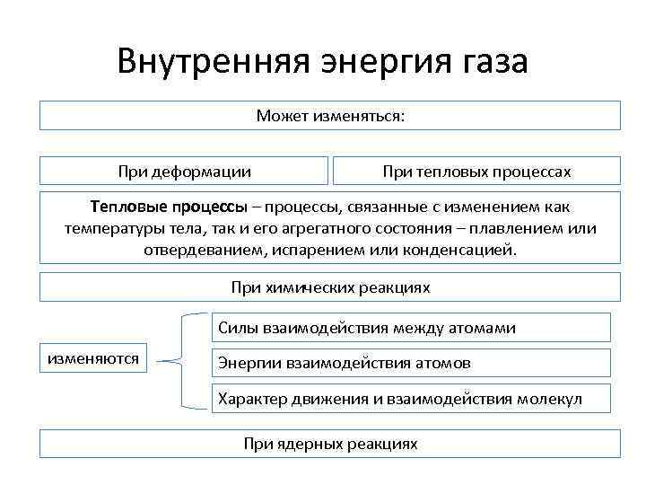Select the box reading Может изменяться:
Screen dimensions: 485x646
point(330,116)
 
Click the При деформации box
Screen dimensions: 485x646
point(184,171)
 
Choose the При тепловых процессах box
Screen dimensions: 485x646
point(476,171)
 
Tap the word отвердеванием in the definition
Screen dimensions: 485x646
point(198,249)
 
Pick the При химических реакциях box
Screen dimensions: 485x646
point(330,287)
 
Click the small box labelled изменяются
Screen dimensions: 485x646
point(93,359)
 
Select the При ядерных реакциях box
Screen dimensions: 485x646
point(330,444)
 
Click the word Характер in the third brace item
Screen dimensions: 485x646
point(252,398)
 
